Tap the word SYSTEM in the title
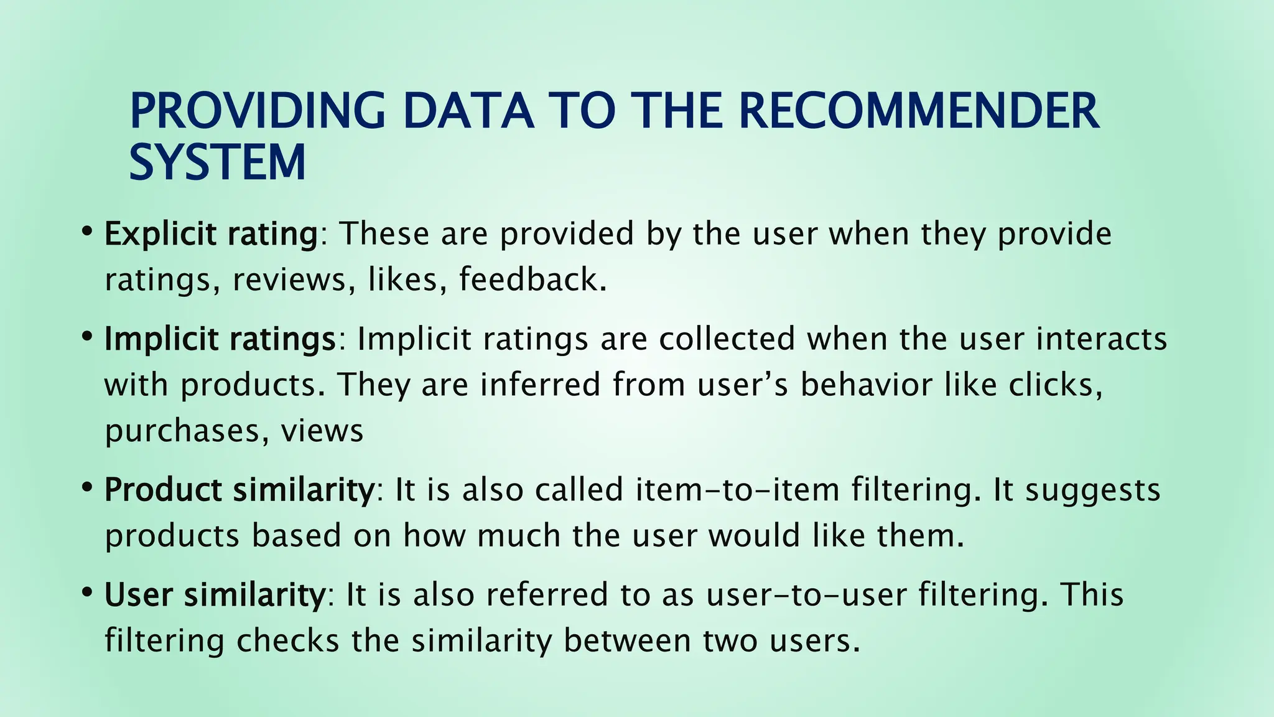click(217, 163)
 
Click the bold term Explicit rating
click(211, 234)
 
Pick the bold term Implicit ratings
click(220, 339)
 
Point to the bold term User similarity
click(215, 595)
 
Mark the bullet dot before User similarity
click(88, 592)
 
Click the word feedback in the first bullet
click(532, 279)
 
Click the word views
click(322, 431)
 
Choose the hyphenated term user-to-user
click(806, 595)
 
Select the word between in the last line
click(628, 641)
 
